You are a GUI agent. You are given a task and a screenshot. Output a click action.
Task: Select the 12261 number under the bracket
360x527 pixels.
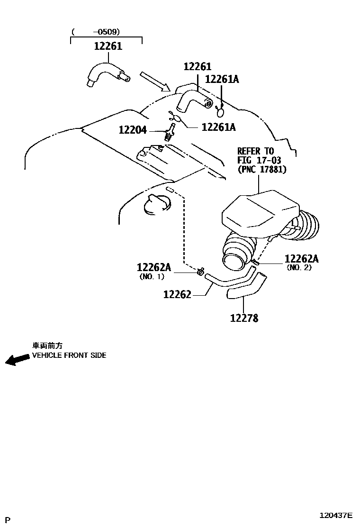click(108, 46)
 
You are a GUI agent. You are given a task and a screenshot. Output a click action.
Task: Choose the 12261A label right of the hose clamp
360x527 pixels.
click(218, 127)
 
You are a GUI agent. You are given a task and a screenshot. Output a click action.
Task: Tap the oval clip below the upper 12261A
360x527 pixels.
click(221, 112)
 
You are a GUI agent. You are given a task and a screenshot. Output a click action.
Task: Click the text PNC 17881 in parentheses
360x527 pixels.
click(262, 169)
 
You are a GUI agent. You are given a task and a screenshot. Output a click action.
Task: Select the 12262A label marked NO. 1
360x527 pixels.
click(153, 267)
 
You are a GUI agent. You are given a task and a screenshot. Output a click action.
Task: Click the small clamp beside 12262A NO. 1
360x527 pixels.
click(201, 272)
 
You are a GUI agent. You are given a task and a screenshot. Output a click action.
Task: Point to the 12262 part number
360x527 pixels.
click(177, 295)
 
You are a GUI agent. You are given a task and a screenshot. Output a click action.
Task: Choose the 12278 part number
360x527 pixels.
click(244, 318)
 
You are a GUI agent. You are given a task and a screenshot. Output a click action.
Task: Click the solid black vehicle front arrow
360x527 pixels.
click(17, 360)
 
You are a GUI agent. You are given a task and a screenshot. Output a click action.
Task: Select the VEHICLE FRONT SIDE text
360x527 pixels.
click(69, 355)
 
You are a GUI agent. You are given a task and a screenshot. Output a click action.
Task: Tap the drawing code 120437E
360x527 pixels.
click(335, 515)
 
